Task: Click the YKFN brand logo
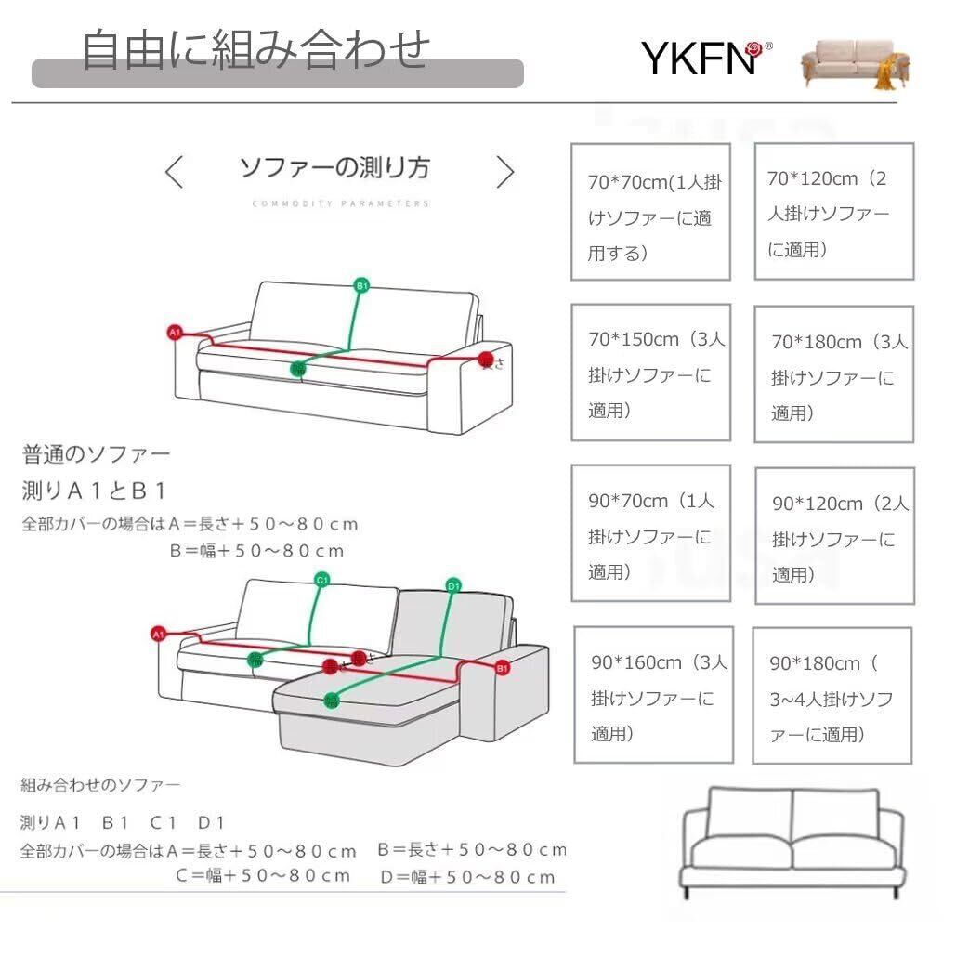(705, 59)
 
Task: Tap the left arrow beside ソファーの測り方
(174, 172)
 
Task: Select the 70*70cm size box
(649, 212)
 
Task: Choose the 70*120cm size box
(833, 212)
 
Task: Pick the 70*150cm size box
(649, 373)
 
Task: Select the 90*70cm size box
(649, 534)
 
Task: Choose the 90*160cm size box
(653, 695)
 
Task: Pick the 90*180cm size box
(832, 696)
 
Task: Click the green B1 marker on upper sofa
(362, 285)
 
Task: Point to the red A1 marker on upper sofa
(174, 332)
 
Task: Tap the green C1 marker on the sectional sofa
(322, 581)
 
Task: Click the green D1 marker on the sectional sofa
(454, 585)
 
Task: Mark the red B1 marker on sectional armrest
(502, 667)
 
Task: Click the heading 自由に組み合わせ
(256, 49)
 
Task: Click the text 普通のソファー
(97, 455)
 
